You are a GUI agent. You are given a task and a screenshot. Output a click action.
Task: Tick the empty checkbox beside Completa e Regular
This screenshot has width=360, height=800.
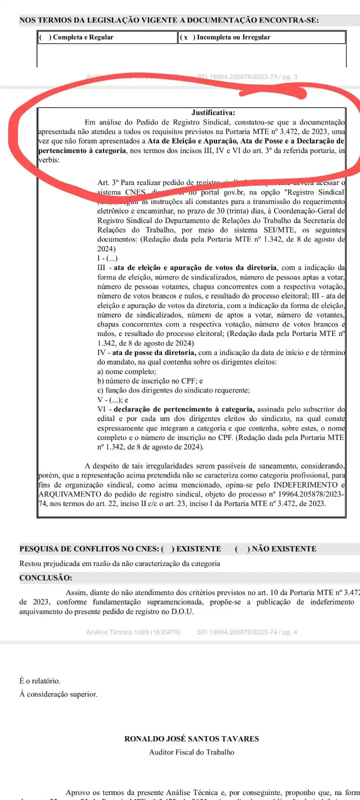(44, 37)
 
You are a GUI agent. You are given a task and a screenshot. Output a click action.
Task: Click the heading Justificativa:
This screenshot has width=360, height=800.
(213, 112)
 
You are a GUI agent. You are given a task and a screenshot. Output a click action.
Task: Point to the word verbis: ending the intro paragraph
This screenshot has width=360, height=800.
(49, 160)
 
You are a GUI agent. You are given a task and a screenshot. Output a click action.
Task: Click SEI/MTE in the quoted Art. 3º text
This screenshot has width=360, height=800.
(278, 230)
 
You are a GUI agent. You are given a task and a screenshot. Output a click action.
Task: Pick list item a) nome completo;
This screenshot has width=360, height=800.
(126, 371)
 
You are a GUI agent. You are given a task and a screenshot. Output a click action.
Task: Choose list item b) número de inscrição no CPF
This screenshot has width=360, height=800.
(150, 381)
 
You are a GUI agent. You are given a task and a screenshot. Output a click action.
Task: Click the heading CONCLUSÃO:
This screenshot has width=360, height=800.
(45, 577)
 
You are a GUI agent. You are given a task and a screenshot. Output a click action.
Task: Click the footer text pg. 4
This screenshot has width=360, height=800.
(288, 632)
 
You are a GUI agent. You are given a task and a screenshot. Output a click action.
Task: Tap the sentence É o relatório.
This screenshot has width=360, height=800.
(39, 681)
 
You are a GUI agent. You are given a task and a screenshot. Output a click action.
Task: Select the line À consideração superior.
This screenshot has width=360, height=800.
(58, 694)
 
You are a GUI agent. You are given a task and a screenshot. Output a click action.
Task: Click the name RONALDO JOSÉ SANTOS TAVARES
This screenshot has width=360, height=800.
(191, 738)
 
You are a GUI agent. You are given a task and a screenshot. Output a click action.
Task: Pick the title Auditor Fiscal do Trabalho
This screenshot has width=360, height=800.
(191, 752)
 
